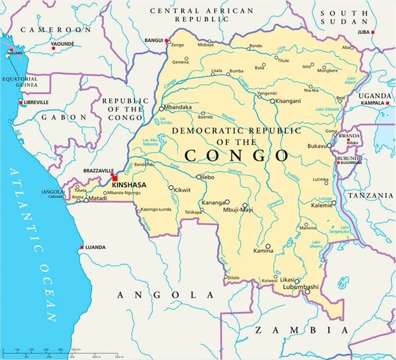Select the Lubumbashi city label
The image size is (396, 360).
click(299, 286)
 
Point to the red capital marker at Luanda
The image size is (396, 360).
click(81, 247)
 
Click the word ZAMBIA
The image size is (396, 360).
click(300, 329)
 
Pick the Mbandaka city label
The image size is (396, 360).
click(179, 107)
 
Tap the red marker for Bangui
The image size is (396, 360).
click(167, 40)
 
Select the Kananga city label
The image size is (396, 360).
click(213, 202)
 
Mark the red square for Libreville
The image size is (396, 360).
click(21, 102)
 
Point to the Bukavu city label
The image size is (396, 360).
click(317, 146)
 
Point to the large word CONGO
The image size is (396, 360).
click(236, 154)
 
